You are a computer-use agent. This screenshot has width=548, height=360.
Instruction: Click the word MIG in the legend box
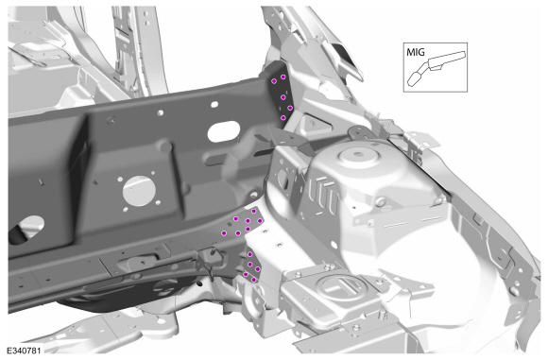coord(416,52)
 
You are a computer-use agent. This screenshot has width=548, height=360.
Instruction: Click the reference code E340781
coord(24,351)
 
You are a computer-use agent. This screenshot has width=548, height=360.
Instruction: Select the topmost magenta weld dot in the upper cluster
coord(283,77)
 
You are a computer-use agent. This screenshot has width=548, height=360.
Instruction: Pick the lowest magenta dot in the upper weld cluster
coord(283,118)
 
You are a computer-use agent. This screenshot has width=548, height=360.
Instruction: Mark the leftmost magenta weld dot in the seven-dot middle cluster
coord(224,232)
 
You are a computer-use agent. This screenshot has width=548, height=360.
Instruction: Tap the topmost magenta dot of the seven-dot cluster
coord(254,211)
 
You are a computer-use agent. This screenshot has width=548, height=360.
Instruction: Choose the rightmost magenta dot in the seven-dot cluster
coord(259,221)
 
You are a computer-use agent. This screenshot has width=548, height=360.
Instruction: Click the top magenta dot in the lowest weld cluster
coord(250,254)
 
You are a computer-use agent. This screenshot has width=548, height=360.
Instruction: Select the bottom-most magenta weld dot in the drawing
coord(254,280)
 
